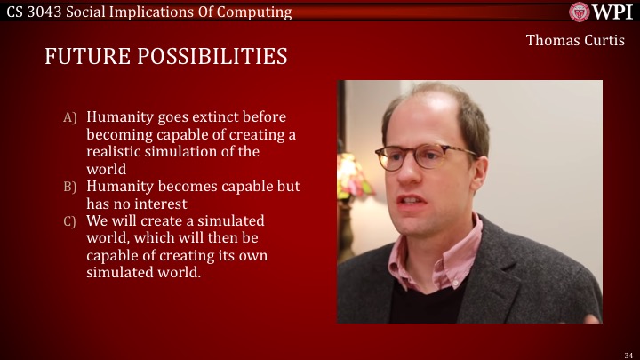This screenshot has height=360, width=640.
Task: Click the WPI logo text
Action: click(x=613, y=12)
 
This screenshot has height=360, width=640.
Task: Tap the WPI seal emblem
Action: click(x=580, y=12)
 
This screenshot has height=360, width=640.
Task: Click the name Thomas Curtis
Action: click(x=574, y=40)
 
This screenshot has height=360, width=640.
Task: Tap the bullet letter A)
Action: click(x=69, y=117)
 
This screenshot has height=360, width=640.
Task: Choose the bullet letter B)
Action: click(x=69, y=187)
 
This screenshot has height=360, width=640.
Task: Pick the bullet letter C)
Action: click(x=69, y=221)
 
